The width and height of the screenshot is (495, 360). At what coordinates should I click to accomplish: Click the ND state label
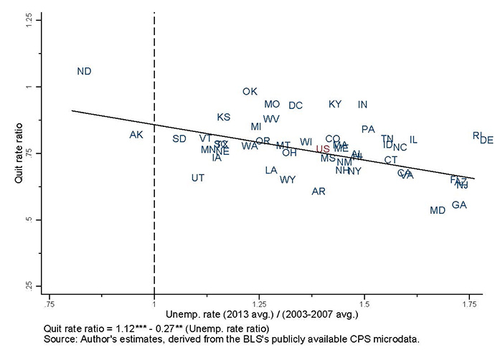click(84, 72)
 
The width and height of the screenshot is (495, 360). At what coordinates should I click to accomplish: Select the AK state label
click(136, 136)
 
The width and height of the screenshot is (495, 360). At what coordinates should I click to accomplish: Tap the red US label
click(323, 149)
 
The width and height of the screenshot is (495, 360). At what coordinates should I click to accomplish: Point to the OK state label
click(250, 92)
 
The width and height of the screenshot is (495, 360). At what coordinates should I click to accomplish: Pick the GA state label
click(459, 205)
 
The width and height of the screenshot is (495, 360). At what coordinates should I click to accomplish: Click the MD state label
click(437, 211)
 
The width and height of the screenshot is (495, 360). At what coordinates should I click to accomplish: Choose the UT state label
click(198, 178)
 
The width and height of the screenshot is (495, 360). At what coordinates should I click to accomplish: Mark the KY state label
click(335, 105)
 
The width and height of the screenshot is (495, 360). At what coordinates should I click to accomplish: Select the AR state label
click(319, 191)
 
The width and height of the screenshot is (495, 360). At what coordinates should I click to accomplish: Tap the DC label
click(296, 106)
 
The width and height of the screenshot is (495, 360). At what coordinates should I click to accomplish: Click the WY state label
click(288, 180)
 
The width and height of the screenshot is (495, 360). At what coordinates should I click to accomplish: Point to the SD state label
click(179, 138)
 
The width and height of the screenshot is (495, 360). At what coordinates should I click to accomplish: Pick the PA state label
click(368, 130)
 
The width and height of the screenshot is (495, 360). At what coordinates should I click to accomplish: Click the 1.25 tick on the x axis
click(260, 303)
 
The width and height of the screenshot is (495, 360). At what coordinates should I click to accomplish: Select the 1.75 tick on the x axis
click(470, 303)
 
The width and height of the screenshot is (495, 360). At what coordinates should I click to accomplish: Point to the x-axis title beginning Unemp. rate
click(262, 315)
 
